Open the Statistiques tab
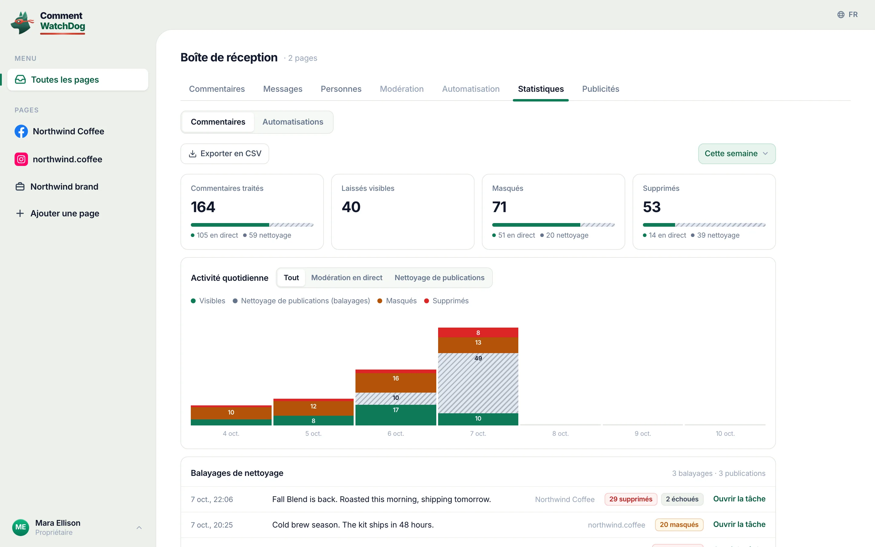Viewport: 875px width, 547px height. [540, 89]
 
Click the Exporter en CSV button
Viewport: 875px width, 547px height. [225, 154]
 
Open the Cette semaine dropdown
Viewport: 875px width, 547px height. [736, 154]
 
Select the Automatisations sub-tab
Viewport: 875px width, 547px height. [293, 122]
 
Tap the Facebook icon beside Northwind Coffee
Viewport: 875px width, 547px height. [21, 131]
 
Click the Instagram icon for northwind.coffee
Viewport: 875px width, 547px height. [21, 159]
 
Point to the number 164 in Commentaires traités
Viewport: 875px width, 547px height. [203, 207]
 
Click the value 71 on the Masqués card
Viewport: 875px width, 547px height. [499, 207]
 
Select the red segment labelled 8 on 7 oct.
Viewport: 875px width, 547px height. [478, 332]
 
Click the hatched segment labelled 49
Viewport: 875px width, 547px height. [478, 383]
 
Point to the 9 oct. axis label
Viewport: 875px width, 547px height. [643, 433]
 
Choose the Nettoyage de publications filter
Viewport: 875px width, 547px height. [439, 278]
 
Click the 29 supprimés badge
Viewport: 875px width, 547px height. [631, 499]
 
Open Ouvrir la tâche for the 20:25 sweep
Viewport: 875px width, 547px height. [739, 525]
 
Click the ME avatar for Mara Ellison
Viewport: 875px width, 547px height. [21, 528]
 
